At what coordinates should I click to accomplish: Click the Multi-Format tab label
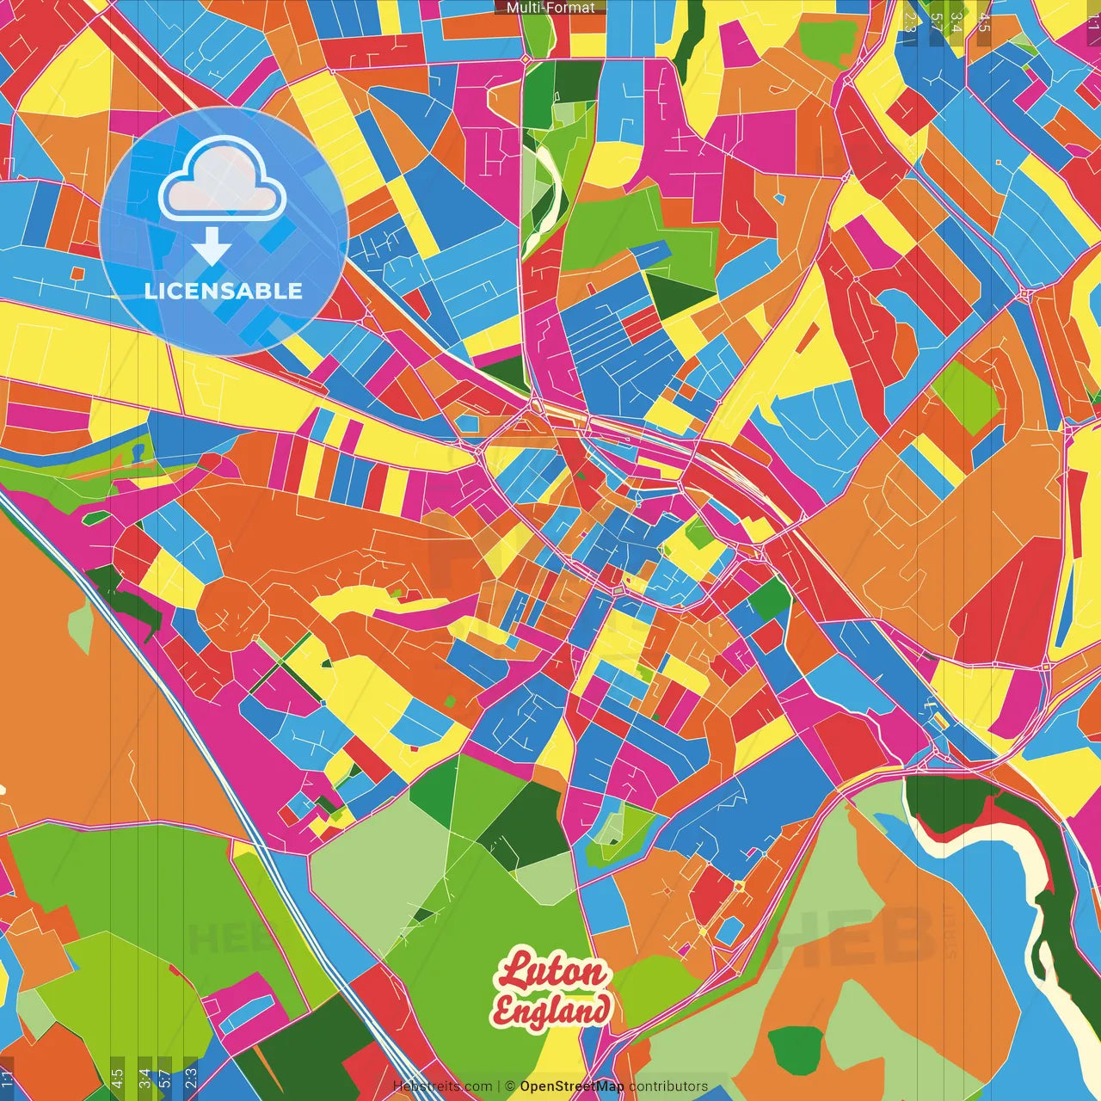click(550, 8)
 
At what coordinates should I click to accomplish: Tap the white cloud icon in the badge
click(223, 181)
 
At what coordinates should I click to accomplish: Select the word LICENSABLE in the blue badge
click(224, 291)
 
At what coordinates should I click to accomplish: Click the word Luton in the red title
click(552, 973)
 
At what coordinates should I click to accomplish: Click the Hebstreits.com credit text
click(442, 1086)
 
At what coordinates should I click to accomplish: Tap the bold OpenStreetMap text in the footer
click(572, 1086)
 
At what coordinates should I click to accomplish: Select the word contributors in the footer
click(668, 1086)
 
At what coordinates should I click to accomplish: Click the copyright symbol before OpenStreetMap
click(510, 1086)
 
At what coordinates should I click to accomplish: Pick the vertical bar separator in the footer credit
click(499, 1086)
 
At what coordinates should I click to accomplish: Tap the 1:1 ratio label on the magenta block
click(1092, 22)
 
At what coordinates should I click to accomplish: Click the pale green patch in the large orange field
click(79, 628)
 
